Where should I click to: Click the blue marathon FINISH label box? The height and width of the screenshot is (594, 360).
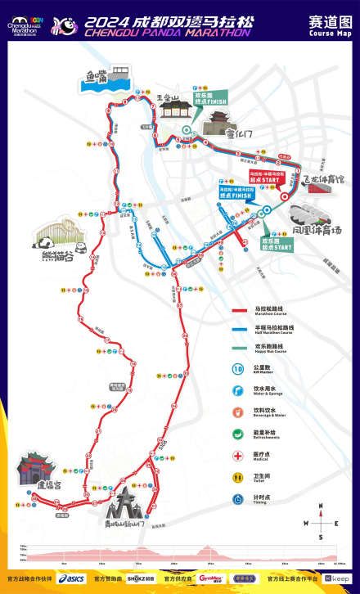pyautogui.click(x=236, y=192)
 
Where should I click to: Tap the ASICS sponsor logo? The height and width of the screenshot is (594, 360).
pyautogui.click(x=72, y=578)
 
